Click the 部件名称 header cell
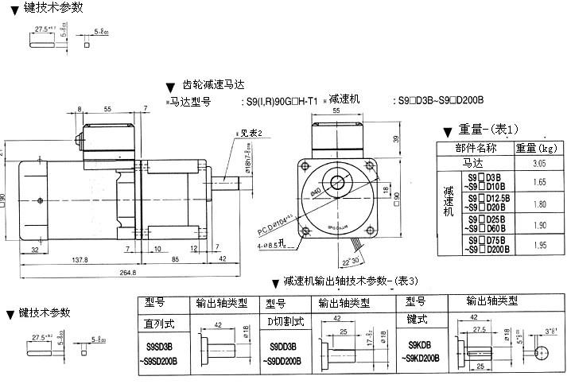476,147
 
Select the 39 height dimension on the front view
396,138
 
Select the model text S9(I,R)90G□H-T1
279,101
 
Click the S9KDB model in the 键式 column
420,346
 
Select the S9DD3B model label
283,347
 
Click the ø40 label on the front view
318,192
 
